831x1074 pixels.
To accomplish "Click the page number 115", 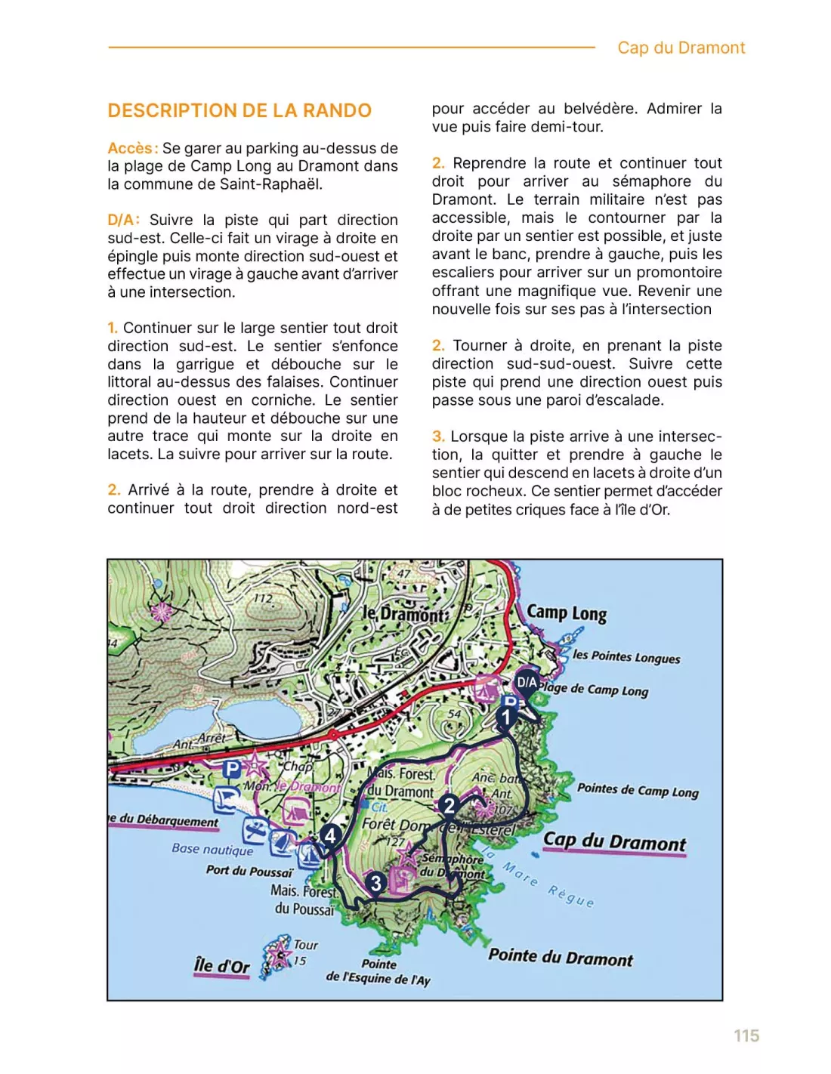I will coord(746,1035).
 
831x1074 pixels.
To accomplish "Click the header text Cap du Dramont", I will coord(681,48).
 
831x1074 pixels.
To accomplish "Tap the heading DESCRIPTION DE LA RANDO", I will coord(239,110).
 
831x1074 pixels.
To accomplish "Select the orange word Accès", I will coord(132,148).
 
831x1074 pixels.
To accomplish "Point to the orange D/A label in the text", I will coord(123,220).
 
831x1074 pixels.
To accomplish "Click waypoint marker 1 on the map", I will coord(506,716).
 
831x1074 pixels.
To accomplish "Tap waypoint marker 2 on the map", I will coord(449,805).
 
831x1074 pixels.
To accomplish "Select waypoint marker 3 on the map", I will coord(376,883).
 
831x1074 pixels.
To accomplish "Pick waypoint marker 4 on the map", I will coord(329,835).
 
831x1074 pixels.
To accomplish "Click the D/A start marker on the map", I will coord(527,682).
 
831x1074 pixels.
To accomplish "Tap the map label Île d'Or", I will coord(221,965).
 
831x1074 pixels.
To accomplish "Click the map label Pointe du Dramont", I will coord(561,957).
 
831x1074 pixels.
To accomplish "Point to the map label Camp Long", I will coord(567,613).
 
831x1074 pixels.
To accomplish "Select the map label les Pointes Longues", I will coord(626,656).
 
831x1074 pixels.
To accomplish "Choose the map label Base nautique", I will coord(212,849).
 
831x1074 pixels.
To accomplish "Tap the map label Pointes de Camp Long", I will coord(638,790).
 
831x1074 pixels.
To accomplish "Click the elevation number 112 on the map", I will coord(262,598).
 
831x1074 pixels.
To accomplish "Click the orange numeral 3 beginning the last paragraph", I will coord(438,437).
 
